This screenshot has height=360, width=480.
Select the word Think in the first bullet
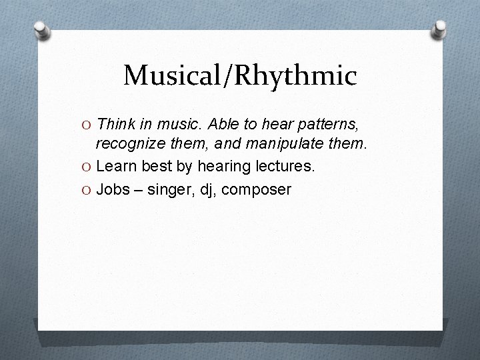pyautogui.click(x=115, y=123)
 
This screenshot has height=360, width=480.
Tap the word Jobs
pyautogui.click(x=113, y=189)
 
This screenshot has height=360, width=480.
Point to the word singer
pyautogui.click(x=169, y=190)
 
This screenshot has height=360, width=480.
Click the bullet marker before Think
pyautogui.click(x=86, y=124)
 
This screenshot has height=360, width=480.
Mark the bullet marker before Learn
pyautogui.click(x=86, y=166)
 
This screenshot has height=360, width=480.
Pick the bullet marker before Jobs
pyautogui.click(x=86, y=190)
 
